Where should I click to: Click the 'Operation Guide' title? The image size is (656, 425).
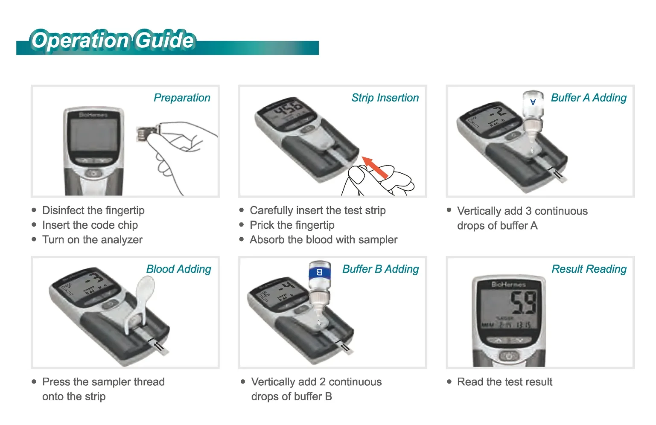[x=113, y=41]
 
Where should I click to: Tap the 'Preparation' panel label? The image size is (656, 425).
[x=182, y=98]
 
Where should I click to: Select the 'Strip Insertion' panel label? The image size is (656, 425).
[x=385, y=98]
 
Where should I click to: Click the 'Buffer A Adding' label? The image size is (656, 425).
[x=589, y=98]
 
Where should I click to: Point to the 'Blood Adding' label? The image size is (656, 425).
[x=178, y=269]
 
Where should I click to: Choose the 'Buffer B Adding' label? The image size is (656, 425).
[x=380, y=269]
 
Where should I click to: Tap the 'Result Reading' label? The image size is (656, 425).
[x=589, y=269]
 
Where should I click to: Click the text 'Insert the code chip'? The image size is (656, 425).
[x=90, y=225]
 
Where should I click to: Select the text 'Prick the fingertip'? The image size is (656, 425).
[x=292, y=225]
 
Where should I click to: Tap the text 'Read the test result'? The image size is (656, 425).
[x=504, y=382]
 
